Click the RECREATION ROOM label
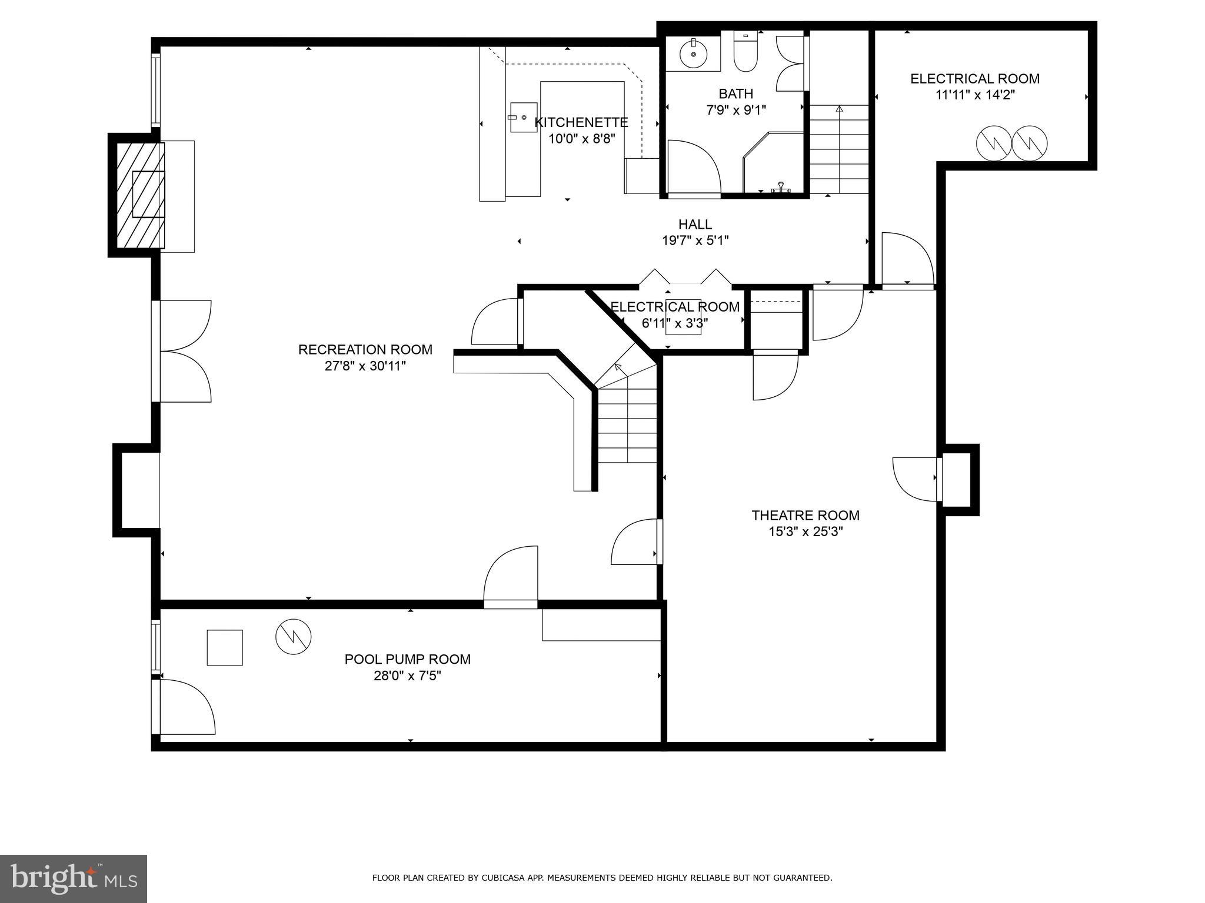click(365, 350)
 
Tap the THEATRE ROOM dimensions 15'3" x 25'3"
click(805, 532)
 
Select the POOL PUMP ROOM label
click(407, 659)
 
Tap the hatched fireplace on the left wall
click(140, 195)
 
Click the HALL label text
click(695, 224)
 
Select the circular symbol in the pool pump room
click(293, 636)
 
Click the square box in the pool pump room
click(225, 647)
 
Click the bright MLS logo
click(74, 878)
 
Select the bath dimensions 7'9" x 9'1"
click(736, 110)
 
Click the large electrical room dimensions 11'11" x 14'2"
click(974, 95)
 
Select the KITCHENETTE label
click(581, 122)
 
